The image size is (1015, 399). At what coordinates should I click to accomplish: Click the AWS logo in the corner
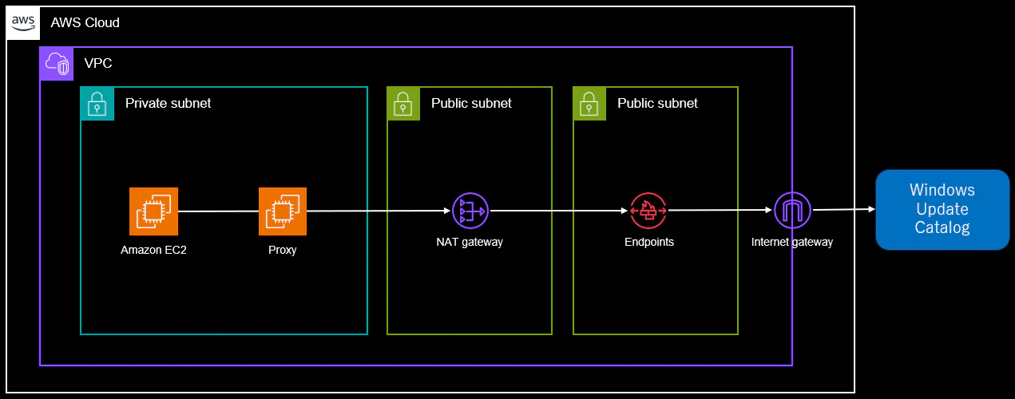pos(23,23)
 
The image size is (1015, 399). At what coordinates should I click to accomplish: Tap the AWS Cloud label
pos(85,22)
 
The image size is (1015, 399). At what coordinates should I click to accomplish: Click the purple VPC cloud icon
pos(57,64)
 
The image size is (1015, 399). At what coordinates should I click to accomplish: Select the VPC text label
pos(98,63)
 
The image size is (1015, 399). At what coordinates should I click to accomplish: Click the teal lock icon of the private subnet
pos(97,103)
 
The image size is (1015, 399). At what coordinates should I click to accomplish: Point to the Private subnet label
pos(169,103)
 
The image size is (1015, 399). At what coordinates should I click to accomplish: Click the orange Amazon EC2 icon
pos(153,211)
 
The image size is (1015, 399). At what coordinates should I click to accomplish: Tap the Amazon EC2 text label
pos(153,250)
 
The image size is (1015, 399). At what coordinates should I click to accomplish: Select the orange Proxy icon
pos(283,211)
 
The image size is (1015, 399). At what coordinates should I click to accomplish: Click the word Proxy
pos(282,250)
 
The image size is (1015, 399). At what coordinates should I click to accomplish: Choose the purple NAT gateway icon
pos(470,211)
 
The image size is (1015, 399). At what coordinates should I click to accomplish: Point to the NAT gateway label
pos(470,242)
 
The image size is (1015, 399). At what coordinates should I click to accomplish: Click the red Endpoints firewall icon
pos(648,211)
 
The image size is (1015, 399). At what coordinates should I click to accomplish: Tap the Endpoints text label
pos(649,242)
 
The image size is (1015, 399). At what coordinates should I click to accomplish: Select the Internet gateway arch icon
pos(792,211)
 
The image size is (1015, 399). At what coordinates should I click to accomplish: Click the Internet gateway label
pos(792,242)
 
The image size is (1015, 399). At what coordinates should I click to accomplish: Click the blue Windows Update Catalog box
pos(942,210)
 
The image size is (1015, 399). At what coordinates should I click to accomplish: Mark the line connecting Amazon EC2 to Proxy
pos(218,211)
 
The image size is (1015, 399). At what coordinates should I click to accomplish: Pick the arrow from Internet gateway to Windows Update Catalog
pos(844,210)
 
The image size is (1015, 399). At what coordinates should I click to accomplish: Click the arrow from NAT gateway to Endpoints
pos(559,211)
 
